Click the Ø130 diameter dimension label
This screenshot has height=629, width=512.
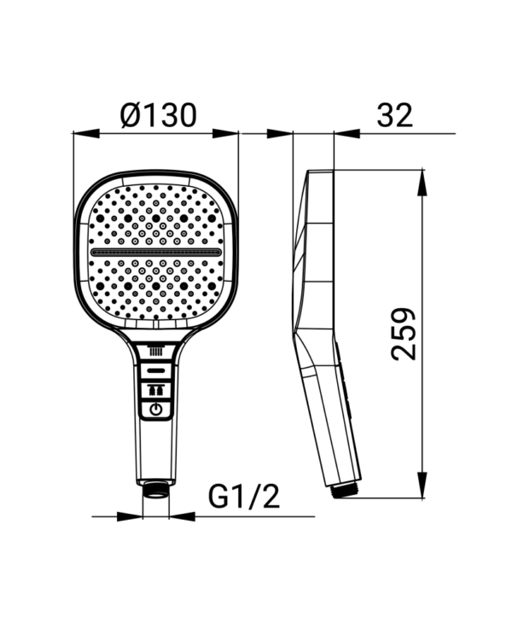(x=159, y=114)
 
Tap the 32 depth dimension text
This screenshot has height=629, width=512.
(x=394, y=115)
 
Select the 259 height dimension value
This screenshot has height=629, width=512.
(x=404, y=335)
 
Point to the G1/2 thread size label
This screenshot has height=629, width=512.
(x=243, y=497)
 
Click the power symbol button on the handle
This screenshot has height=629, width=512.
(x=156, y=410)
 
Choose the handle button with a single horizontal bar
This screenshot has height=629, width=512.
(x=156, y=370)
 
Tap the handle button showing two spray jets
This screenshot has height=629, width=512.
(x=156, y=389)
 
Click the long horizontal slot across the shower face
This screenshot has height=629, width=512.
(x=156, y=253)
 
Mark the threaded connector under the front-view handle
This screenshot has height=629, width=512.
(x=156, y=489)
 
